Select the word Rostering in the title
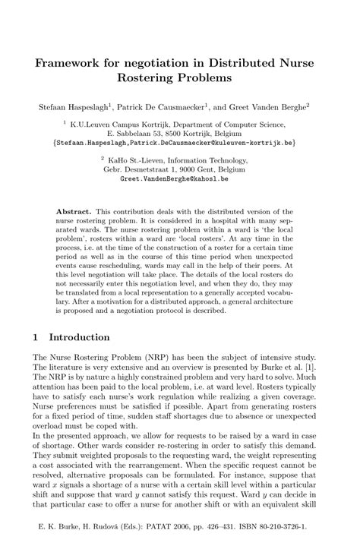pos(152,77)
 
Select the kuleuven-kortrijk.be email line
pos(180,142)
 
